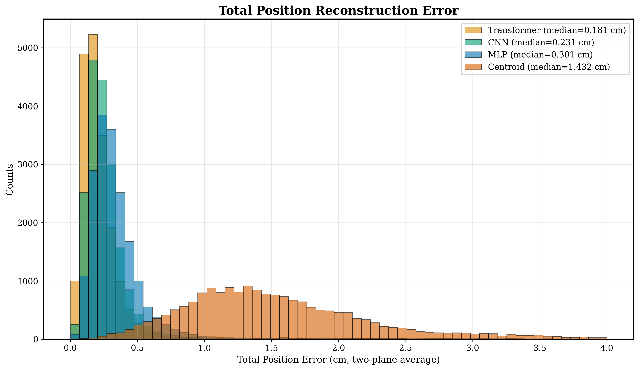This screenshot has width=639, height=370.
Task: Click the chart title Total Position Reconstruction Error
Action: click(339, 11)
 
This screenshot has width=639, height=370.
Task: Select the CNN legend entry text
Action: click(541, 42)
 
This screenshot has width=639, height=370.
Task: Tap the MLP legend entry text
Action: click(540, 55)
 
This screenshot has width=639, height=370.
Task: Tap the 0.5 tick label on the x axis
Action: click(137, 348)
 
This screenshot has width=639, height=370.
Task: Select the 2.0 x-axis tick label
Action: click(339, 348)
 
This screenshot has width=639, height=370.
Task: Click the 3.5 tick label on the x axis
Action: click(540, 348)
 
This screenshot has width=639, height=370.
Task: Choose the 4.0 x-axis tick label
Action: click(607, 348)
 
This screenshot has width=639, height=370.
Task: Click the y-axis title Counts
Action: click(10, 180)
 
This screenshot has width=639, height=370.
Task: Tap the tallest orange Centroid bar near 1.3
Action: click(248, 312)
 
